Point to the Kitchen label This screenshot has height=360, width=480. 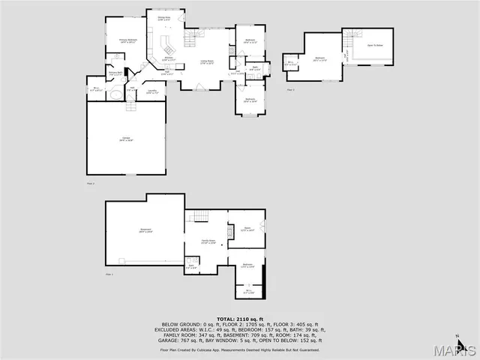click(169, 58)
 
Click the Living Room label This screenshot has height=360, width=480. click(207, 62)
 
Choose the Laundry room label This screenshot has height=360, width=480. click(152, 92)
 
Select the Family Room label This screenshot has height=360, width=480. click(208, 241)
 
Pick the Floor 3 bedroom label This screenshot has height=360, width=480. click(320, 59)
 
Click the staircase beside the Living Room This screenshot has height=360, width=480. click(195, 36)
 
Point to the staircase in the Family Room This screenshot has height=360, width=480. click(199, 217)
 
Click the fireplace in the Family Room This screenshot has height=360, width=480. click(230, 232)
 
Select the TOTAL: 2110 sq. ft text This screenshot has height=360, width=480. click(239, 318)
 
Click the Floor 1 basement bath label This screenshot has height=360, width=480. click(191, 265)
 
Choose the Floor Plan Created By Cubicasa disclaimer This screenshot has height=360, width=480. click(239, 349)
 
